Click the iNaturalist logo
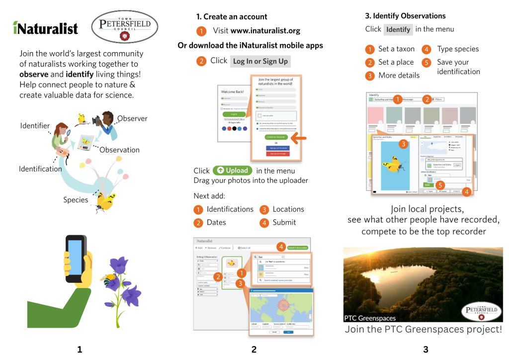tap(45, 28)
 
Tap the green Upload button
tap(232, 171)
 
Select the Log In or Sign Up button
tap(260, 61)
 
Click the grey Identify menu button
tap(398, 29)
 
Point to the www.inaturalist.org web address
tap(265, 31)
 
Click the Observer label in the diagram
tap(132, 118)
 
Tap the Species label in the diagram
tap(76, 200)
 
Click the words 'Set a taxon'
tap(396, 49)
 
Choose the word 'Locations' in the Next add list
tap(288, 209)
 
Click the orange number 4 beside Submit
tap(264, 222)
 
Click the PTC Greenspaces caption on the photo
tap(370, 318)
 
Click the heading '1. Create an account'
tap(232, 17)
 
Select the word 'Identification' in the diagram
tap(40, 169)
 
